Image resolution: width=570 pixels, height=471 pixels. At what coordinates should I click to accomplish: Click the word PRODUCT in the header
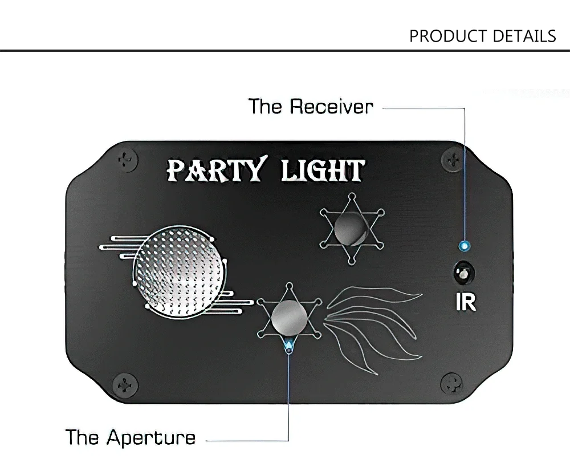446,36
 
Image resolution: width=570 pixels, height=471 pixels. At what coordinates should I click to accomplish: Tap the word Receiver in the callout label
332,107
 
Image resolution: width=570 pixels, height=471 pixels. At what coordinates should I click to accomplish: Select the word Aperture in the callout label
151,437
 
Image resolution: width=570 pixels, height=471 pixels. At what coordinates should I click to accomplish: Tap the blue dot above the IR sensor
464,246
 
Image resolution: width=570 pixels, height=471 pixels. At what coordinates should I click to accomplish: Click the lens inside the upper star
349,230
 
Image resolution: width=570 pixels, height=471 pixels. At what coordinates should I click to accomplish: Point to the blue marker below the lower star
289,346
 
